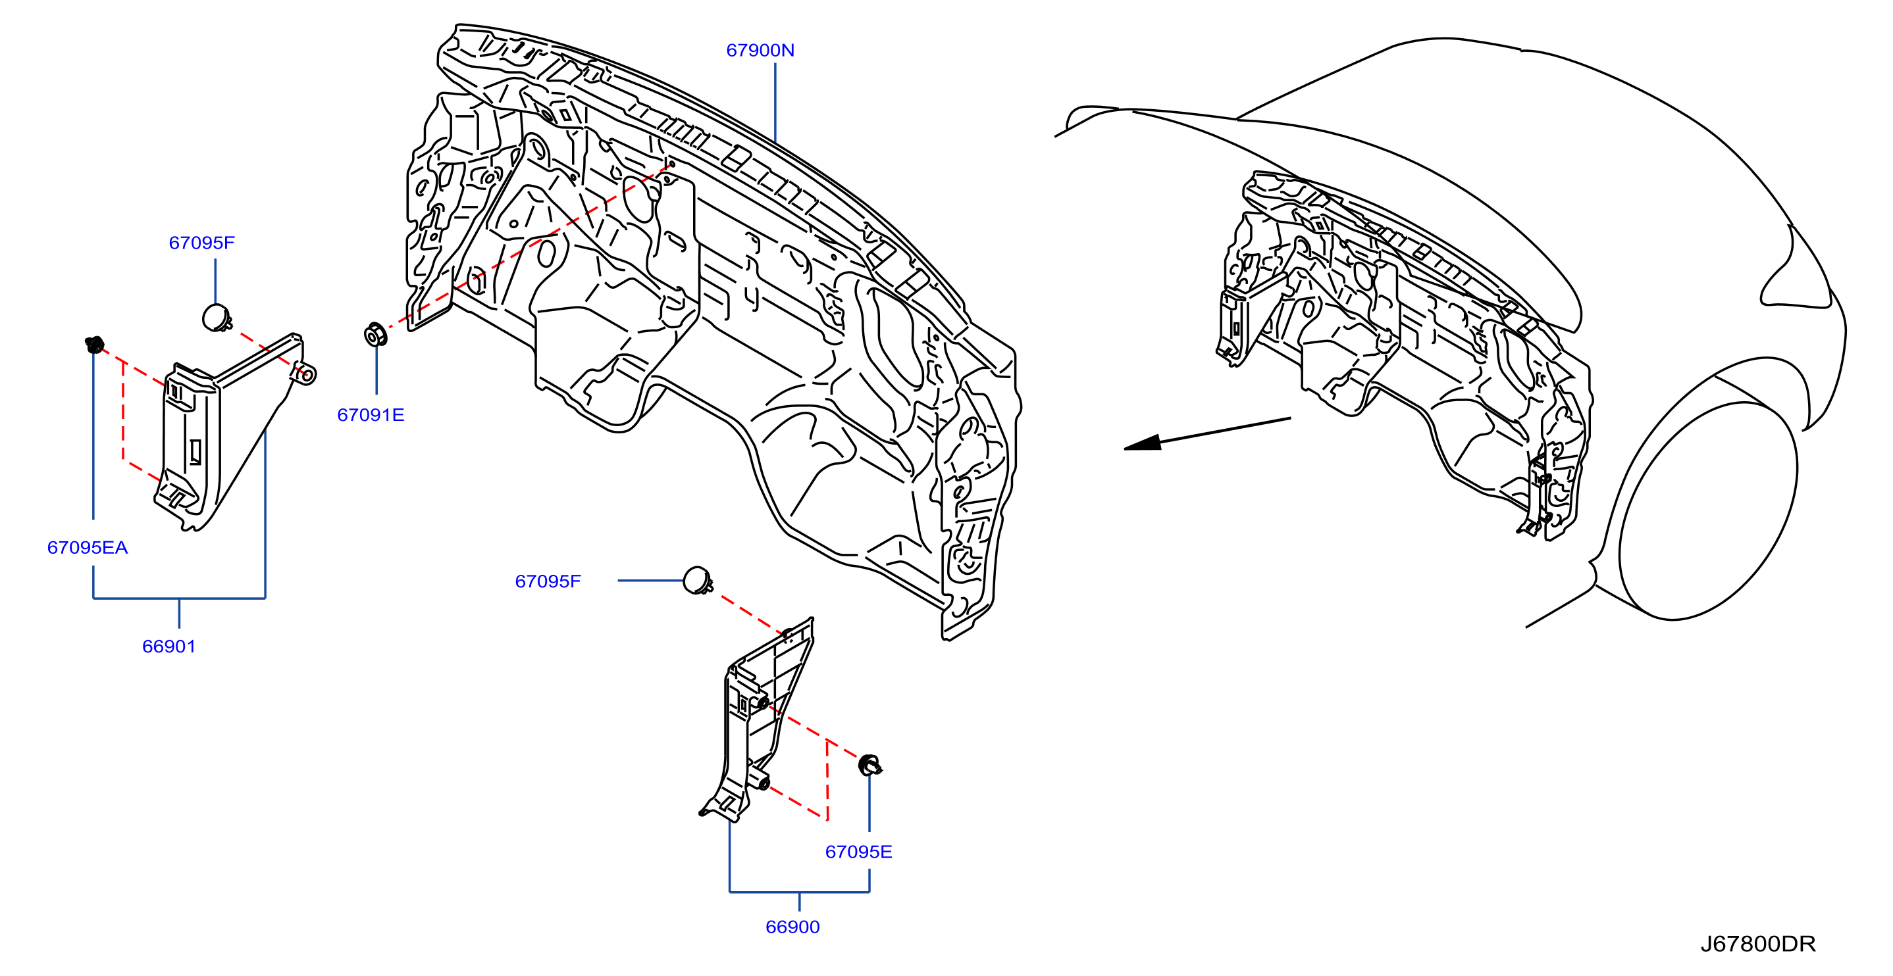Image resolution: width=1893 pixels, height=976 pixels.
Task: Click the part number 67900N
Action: pyautogui.click(x=760, y=50)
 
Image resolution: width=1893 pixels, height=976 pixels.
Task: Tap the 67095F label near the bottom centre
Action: pyautogui.click(x=548, y=581)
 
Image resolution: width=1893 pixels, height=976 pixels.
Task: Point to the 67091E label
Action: pyautogui.click(x=371, y=415)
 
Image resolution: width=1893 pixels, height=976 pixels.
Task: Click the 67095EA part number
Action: pyautogui.click(x=88, y=547)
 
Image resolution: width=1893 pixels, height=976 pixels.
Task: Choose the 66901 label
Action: pyautogui.click(x=169, y=647)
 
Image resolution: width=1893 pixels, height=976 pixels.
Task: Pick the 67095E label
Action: pyautogui.click(x=858, y=852)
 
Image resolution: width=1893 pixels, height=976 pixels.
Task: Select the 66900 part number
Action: pyautogui.click(x=792, y=927)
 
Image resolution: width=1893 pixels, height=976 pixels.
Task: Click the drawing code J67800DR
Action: pyautogui.click(x=1758, y=944)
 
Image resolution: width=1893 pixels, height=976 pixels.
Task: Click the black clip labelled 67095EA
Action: pyautogui.click(x=95, y=344)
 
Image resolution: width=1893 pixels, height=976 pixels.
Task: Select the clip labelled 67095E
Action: pyautogui.click(x=870, y=766)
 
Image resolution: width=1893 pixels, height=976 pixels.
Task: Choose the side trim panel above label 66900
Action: pyautogui.click(x=758, y=720)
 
